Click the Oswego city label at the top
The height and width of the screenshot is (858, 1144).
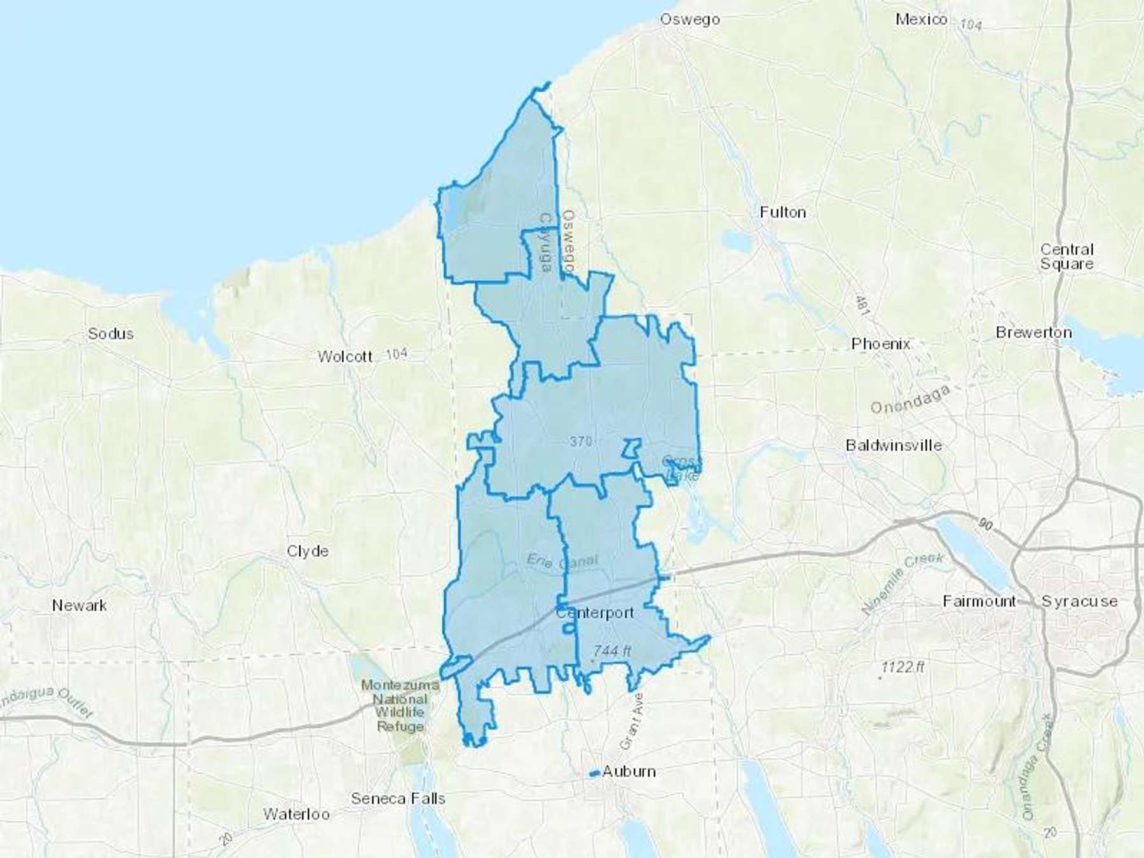coord(690,20)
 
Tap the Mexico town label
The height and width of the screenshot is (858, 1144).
coord(921,20)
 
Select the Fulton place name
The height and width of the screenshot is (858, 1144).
coord(783,212)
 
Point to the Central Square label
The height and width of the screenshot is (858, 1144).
coord(1066,257)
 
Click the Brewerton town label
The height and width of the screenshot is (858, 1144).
coord(1033,332)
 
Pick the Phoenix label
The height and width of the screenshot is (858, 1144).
coord(881,344)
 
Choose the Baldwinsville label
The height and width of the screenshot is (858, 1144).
coord(894,446)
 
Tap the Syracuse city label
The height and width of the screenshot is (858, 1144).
coord(1079,601)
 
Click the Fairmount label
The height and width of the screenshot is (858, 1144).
coord(979,601)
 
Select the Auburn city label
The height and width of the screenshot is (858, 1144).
coord(629,772)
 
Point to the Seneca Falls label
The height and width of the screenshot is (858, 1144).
coord(398,798)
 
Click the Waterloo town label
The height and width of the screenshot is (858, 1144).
coord(296,814)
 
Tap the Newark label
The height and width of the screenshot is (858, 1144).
coord(79,606)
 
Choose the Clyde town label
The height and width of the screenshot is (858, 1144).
coord(308,551)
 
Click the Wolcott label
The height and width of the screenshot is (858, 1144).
coord(345,357)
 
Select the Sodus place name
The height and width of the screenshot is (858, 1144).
coord(111,334)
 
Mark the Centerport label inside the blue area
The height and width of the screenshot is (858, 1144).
coord(595,613)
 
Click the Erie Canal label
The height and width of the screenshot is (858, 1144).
coord(562,561)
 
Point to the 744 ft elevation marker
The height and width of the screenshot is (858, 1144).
coord(612,651)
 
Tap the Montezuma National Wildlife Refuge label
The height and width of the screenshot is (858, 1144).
coord(400,705)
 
